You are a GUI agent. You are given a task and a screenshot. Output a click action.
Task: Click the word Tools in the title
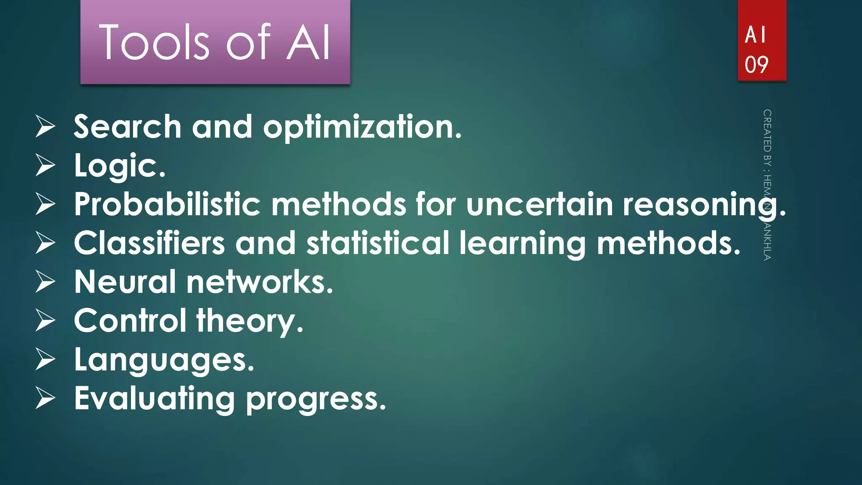[x=154, y=42]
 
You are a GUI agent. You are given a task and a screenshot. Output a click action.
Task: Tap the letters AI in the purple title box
[x=309, y=42]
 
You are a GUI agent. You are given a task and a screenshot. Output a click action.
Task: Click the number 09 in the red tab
[x=756, y=65]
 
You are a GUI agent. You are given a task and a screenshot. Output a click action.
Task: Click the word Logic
[x=120, y=166]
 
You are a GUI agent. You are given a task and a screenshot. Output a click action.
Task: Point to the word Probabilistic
[x=167, y=205]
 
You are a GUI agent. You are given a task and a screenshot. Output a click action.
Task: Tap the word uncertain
[x=540, y=205]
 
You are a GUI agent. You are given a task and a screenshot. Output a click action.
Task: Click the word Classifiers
[x=149, y=243]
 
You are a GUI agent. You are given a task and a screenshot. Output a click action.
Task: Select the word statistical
[x=378, y=243]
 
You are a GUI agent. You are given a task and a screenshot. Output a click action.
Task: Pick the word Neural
[x=125, y=282]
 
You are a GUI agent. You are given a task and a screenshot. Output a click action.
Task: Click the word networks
[x=260, y=282]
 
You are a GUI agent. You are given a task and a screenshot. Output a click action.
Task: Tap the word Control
[x=130, y=321]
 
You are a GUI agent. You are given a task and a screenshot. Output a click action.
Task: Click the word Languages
[x=164, y=360]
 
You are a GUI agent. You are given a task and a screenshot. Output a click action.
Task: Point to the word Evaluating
[x=154, y=399]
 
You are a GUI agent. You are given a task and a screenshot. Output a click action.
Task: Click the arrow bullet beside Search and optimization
[x=45, y=127]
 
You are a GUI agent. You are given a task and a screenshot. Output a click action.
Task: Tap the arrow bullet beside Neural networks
[x=45, y=282]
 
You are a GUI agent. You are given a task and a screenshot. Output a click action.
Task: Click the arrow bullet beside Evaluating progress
[x=45, y=399]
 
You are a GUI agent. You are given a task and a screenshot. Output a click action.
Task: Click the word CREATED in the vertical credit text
[x=767, y=131]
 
